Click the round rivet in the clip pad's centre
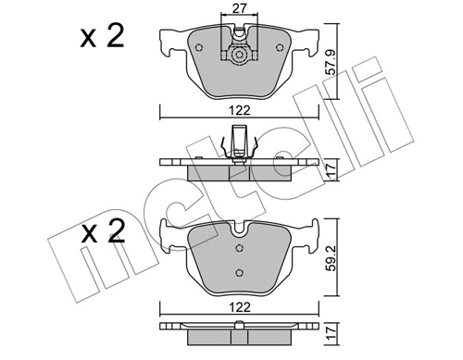240,55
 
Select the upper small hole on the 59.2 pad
240,248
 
